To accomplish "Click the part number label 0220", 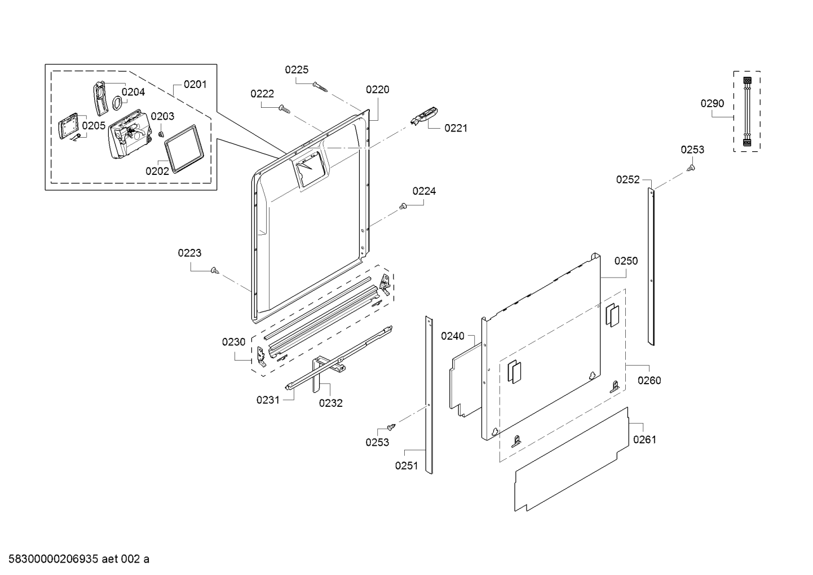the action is (x=378, y=90).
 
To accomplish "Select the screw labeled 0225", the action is (x=320, y=87).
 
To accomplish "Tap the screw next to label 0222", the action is (x=284, y=108).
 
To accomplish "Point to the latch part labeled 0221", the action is (x=424, y=116).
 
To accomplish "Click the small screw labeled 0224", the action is (x=403, y=206).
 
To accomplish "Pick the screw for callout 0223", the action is (x=215, y=270).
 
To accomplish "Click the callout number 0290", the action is (x=712, y=103).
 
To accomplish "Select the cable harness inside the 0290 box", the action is (x=747, y=111).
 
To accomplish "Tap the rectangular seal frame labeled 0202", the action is (x=184, y=148).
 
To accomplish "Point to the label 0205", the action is (x=94, y=126).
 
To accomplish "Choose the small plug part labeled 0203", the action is (x=161, y=134).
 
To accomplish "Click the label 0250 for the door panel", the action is (x=626, y=261).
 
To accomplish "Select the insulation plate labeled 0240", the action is (x=466, y=380).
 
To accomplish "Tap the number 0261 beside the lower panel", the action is (x=644, y=440).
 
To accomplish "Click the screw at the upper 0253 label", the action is (x=691, y=168).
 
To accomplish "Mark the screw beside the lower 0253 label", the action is (x=391, y=427).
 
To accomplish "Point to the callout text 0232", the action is (x=330, y=403).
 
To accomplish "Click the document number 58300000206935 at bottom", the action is (x=54, y=559).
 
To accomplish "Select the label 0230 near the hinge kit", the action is (x=234, y=342).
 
